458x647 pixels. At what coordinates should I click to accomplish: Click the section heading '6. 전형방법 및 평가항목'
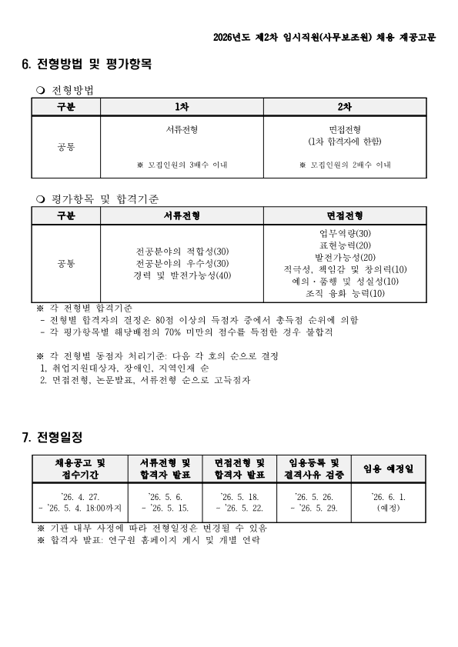87,65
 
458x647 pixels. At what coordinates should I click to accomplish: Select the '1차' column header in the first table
182,107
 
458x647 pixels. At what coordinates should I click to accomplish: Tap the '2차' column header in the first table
345,107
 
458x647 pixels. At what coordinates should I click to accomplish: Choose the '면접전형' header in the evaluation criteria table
345,215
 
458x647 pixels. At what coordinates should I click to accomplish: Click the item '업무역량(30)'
345,233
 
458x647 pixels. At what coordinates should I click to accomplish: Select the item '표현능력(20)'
345,245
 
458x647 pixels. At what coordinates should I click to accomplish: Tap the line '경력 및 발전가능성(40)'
182,275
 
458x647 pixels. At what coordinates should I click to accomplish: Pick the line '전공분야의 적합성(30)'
182,251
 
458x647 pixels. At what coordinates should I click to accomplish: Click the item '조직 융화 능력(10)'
345,293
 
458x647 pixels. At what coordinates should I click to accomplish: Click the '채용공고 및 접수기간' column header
80,469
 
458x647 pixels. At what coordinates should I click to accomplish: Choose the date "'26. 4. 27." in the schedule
80,497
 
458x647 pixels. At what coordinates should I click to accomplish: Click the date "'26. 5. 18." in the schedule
240,497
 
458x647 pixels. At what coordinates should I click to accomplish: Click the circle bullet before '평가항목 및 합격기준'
41,198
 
